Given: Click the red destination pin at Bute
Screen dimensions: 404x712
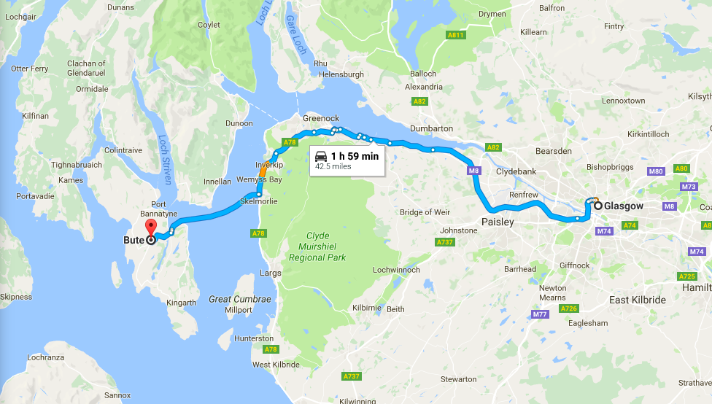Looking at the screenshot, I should click(x=151, y=227).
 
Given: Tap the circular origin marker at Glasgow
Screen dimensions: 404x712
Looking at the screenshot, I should click(x=597, y=206).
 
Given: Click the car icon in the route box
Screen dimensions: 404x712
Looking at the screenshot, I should click(x=321, y=156).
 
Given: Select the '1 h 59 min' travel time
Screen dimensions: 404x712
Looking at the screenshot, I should click(x=355, y=156).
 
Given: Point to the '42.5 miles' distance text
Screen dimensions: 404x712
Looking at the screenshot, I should click(x=333, y=167).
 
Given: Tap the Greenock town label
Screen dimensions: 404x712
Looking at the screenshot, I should click(x=321, y=118).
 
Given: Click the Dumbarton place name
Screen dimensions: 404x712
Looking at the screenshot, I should click(x=431, y=128).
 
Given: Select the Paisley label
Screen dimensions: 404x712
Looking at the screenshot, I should click(x=497, y=222).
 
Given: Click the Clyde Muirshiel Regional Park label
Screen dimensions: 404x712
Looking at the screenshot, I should click(x=317, y=246).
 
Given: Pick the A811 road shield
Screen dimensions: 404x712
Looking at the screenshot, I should click(x=456, y=34).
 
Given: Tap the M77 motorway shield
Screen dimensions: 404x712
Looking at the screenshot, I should click(x=540, y=314).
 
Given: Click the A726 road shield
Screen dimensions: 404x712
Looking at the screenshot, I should click(x=570, y=308).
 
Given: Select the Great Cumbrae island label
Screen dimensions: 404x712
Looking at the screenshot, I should click(x=240, y=299).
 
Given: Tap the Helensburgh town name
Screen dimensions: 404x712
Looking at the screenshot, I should click(x=338, y=74).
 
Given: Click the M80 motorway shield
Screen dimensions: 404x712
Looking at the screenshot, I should click(x=656, y=171).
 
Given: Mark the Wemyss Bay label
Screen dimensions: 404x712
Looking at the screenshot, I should click(x=259, y=179).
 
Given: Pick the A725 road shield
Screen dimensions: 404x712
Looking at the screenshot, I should click(x=686, y=276).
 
